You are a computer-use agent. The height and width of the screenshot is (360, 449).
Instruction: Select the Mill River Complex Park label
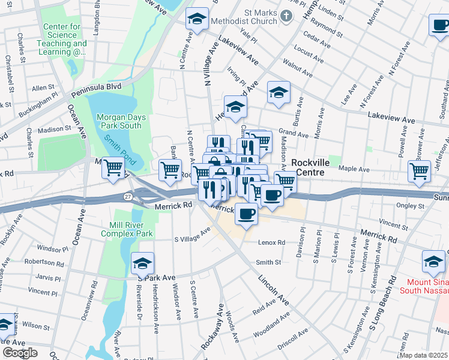[131, 229]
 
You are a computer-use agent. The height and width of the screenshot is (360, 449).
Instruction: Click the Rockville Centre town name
[316, 167]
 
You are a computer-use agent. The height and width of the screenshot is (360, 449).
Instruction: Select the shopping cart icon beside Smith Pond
[113, 169]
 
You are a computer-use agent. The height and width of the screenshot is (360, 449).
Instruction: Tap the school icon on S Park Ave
[142, 263]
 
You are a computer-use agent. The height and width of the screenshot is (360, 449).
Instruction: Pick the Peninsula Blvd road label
[96, 88]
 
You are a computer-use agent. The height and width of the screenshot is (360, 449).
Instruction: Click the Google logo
[20, 353]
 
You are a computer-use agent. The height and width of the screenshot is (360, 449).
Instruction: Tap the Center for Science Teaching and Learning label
[65, 40]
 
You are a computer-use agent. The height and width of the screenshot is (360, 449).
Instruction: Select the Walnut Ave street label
[298, 68]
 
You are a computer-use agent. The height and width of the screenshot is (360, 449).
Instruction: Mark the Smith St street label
[268, 262]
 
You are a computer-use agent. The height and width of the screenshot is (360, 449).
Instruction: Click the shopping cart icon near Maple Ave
[419, 170]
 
